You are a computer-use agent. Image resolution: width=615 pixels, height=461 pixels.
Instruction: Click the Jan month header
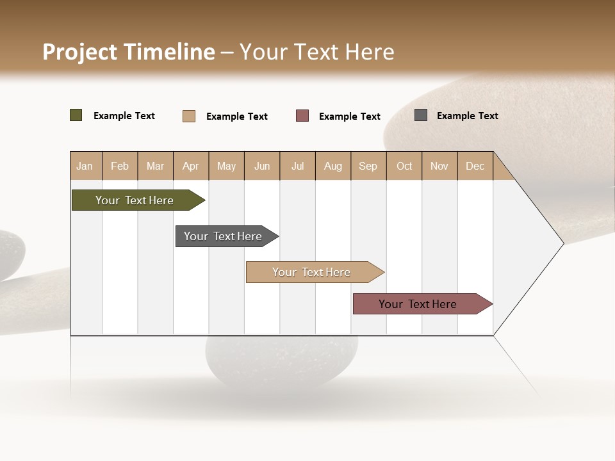click(85, 166)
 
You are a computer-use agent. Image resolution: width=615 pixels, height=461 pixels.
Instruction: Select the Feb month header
click(120, 166)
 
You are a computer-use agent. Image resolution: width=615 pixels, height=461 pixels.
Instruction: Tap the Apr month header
click(190, 166)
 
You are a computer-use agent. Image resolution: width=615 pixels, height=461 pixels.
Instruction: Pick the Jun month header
click(262, 166)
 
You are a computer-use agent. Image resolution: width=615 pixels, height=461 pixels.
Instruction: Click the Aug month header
click(332, 166)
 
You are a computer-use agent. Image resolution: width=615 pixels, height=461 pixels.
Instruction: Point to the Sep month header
click(368, 166)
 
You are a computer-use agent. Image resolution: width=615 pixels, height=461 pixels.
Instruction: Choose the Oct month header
click(404, 166)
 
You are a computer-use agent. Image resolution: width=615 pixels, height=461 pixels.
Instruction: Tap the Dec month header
click(475, 166)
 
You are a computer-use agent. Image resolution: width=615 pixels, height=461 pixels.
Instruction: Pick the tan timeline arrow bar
click(312, 272)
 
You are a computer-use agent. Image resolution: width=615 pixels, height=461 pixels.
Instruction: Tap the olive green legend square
click(76, 115)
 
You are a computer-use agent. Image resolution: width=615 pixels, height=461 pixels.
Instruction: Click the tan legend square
click(189, 116)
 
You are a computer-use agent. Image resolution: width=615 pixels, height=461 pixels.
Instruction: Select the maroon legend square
click(302, 115)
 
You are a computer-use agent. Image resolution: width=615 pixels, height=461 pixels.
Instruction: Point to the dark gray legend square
click(421, 115)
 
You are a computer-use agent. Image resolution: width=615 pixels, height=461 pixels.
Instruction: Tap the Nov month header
click(439, 166)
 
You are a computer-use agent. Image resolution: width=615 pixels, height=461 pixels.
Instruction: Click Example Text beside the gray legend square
click(467, 115)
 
